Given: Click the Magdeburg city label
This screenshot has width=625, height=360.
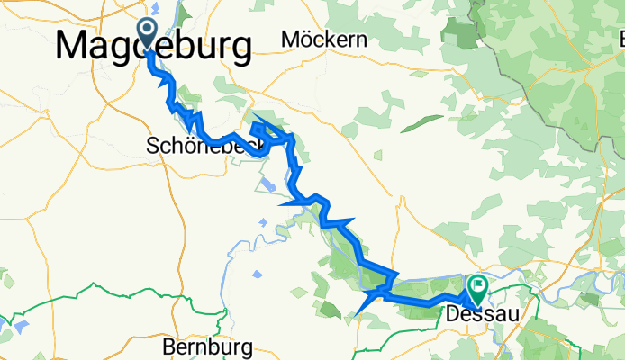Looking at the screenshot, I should tap(153, 46).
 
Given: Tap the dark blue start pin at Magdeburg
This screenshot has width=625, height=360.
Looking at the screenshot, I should tap(148, 35).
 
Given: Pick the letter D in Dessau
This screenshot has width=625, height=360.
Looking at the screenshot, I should tap(453, 315).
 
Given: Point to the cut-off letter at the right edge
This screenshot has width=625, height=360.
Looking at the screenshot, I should tap(620, 39).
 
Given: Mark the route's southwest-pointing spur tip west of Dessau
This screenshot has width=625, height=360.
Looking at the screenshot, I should tap(358, 315).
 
